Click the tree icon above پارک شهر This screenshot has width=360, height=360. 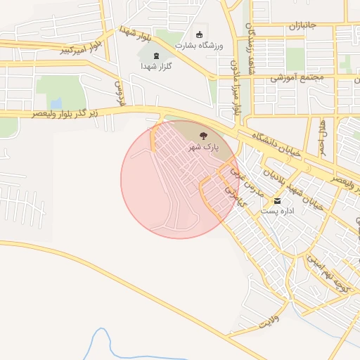tap(203, 136)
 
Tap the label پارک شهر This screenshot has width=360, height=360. tap(203, 148)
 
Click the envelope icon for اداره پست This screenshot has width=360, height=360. tap(286, 200)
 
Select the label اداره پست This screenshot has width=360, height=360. tap(276, 210)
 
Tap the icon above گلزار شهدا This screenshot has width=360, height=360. tap(156, 56)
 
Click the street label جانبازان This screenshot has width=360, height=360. tap(302, 26)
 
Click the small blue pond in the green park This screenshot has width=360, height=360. tap(56, 103)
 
